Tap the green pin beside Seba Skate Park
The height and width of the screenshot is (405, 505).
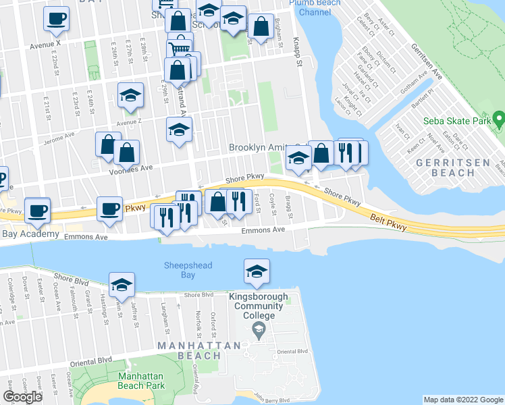(x=500, y=122)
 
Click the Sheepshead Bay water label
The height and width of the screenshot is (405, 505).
(x=179, y=269)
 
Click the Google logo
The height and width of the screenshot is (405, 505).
(x=23, y=397)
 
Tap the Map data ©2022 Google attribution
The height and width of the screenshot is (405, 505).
(x=462, y=400)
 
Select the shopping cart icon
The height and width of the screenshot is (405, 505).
(x=178, y=49)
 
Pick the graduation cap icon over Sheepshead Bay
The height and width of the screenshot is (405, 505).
(x=257, y=271)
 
